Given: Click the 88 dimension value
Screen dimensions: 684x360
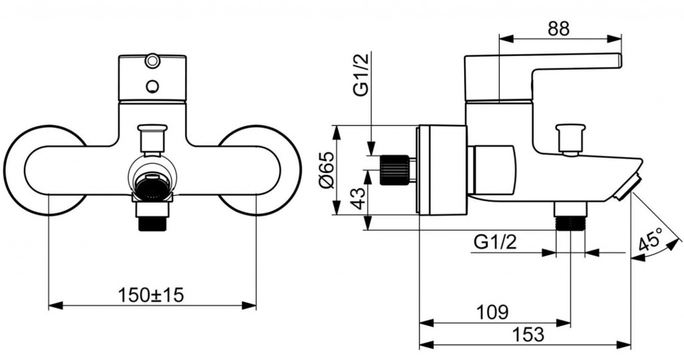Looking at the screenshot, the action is (x=559, y=29).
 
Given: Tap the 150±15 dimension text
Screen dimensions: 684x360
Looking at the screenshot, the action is (x=151, y=295).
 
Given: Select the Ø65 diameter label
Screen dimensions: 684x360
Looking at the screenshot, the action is (x=327, y=170).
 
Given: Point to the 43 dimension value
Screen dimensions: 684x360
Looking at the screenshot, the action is (x=358, y=198).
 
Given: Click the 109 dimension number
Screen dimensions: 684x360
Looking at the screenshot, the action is (x=492, y=312).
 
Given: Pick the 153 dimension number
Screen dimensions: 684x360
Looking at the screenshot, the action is (x=528, y=335).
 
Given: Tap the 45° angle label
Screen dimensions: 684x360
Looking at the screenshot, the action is (x=651, y=240).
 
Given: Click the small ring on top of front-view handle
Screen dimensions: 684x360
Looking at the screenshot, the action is (x=152, y=60).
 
